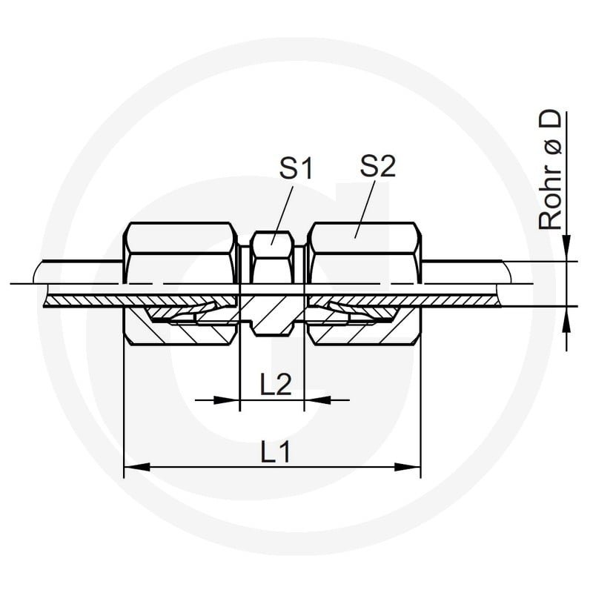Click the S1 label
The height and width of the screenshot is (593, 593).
[296, 169]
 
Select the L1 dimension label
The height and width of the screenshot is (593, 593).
[275, 452]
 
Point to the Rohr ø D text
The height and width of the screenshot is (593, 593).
[549, 170]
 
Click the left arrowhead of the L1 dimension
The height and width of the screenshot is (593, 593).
[137, 467]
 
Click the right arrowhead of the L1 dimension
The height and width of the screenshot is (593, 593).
[407, 467]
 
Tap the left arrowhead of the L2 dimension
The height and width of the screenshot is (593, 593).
[227, 400]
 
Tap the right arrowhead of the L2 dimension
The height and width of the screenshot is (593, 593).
[317, 400]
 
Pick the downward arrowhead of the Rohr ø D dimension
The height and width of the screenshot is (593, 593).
[566, 248]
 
